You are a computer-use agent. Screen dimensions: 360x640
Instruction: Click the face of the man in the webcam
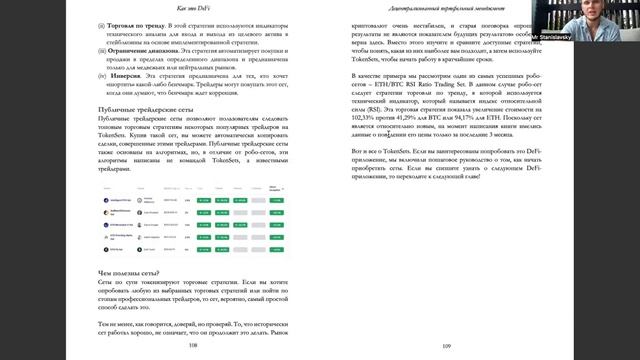pyautogui.click(x=606, y=17)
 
